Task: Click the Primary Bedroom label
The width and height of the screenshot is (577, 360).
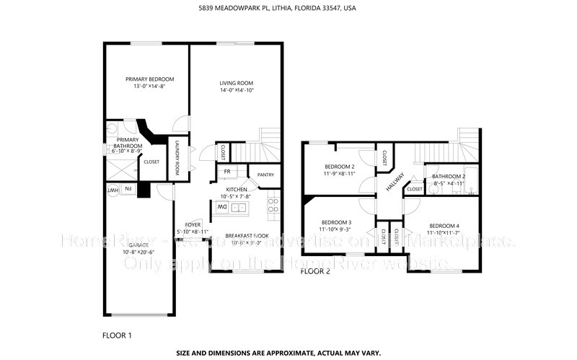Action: click(149, 79)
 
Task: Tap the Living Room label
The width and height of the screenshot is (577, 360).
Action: click(237, 83)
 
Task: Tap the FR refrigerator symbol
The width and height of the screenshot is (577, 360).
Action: click(226, 171)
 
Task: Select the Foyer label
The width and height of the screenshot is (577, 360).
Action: click(193, 224)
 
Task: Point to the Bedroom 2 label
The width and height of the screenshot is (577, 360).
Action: click(338, 167)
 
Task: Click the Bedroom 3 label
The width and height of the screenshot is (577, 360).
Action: click(336, 221)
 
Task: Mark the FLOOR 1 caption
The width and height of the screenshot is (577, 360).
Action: click(118, 335)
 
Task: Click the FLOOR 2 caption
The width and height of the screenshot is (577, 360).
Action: click(314, 272)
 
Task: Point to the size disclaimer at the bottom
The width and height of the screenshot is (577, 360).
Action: click(288, 354)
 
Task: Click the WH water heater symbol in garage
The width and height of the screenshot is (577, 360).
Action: click(113, 190)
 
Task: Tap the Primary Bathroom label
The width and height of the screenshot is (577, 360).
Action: click(128, 143)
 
